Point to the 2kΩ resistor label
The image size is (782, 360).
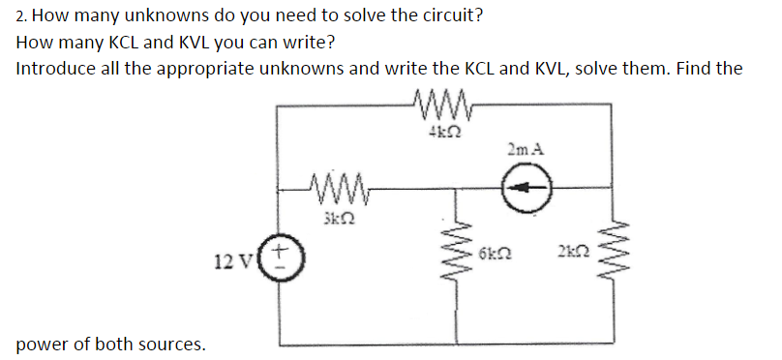(x=571, y=254)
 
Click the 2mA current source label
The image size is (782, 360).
(x=526, y=150)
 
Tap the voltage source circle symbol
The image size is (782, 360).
(x=280, y=259)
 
